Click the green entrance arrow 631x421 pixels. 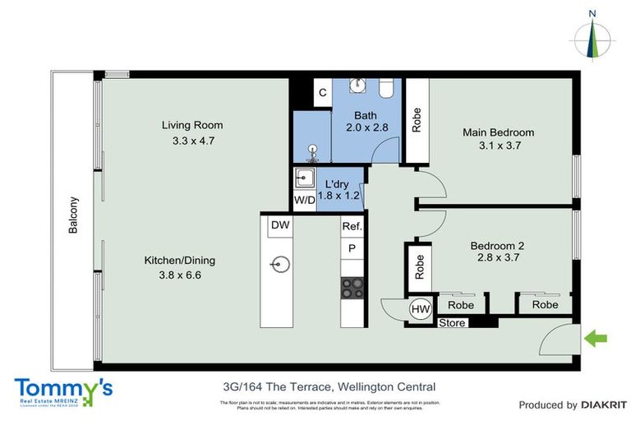click(595, 335)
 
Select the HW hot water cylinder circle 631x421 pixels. click(420, 308)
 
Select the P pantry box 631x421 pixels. click(352, 248)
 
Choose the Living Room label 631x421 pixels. click(191, 126)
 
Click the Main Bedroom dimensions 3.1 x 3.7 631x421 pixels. click(498, 146)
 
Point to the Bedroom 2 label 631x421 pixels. click(496, 245)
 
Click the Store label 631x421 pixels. click(452, 323)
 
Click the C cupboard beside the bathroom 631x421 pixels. click(323, 93)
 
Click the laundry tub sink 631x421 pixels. click(303, 178)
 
